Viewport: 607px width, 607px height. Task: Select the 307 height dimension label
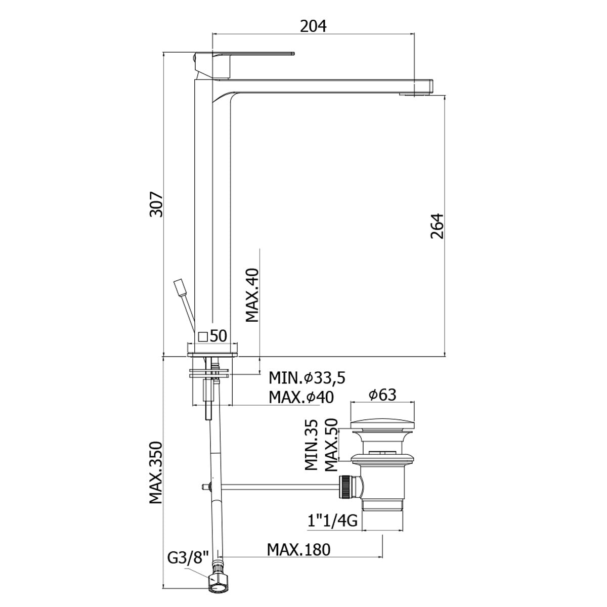pyautogui.click(x=156, y=204)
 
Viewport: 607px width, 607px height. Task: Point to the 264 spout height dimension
pyautogui.click(x=437, y=226)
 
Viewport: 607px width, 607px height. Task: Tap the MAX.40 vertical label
pyautogui.click(x=252, y=295)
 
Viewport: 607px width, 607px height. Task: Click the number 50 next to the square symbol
pyautogui.click(x=219, y=336)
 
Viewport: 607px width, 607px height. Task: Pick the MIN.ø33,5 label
pyautogui.click(x=307, y=378)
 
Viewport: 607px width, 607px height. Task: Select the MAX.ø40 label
pyautogui.click(x=301, y=397)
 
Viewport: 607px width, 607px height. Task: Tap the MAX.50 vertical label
pyautogui.click(x=331, y=445)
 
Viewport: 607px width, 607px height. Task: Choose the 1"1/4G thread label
pyautogui.click(x=332, y=521)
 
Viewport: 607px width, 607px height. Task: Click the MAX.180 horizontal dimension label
pyautogui.click(x=298, y=550)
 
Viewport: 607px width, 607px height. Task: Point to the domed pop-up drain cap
pyautogui.click(x=382, y=424)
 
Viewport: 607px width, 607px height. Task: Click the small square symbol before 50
pyautogui.click(x=203, y=336)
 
